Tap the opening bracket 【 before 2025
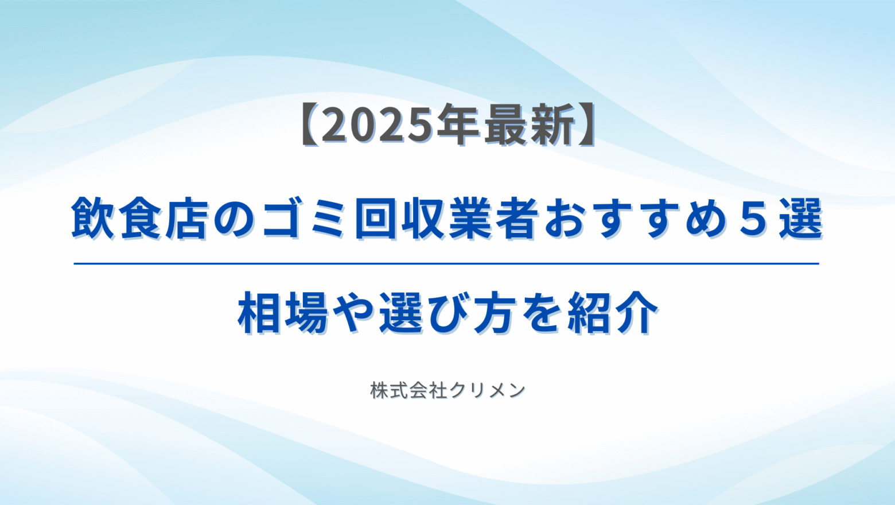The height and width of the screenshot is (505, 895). pos(310,125)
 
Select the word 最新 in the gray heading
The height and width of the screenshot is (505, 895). pos(530,125)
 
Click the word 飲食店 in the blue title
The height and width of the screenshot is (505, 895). pos(141,218)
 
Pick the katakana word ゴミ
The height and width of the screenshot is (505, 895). pos(303,218)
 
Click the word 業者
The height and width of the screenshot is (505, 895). pos(494,218)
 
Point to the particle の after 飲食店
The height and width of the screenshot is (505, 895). pos(234,219)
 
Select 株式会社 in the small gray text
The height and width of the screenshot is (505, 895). pos(408,390)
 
